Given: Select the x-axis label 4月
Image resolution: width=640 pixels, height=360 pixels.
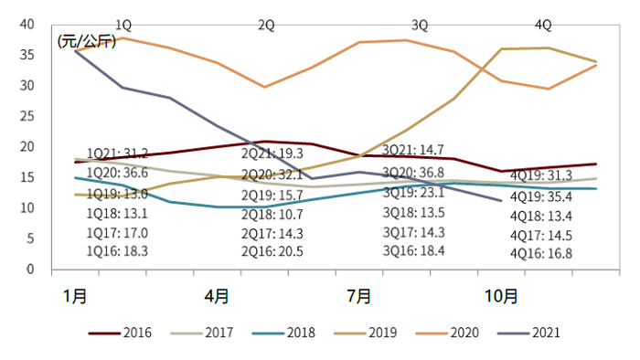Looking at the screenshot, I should (218, 296).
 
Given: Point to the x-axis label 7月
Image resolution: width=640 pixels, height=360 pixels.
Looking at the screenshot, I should (359, 296).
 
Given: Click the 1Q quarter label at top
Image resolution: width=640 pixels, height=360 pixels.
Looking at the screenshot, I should (123, 25).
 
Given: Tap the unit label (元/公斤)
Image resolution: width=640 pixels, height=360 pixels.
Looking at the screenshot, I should (86, 42).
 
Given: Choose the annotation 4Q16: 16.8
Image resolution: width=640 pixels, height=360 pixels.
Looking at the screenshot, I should (541, 254).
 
